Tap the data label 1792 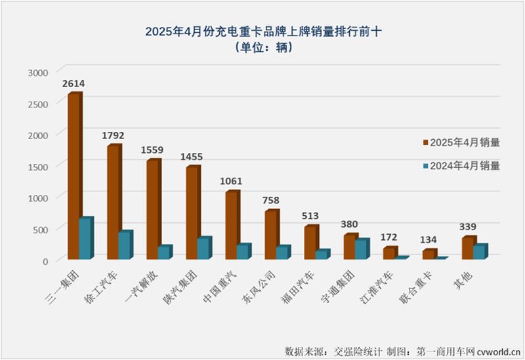113,136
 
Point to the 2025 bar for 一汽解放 152,210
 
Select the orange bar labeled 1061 231,226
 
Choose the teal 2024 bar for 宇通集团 360,249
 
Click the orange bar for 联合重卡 427,254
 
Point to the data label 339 467,226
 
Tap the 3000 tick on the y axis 38,71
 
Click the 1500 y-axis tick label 38,166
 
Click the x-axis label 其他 461,275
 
